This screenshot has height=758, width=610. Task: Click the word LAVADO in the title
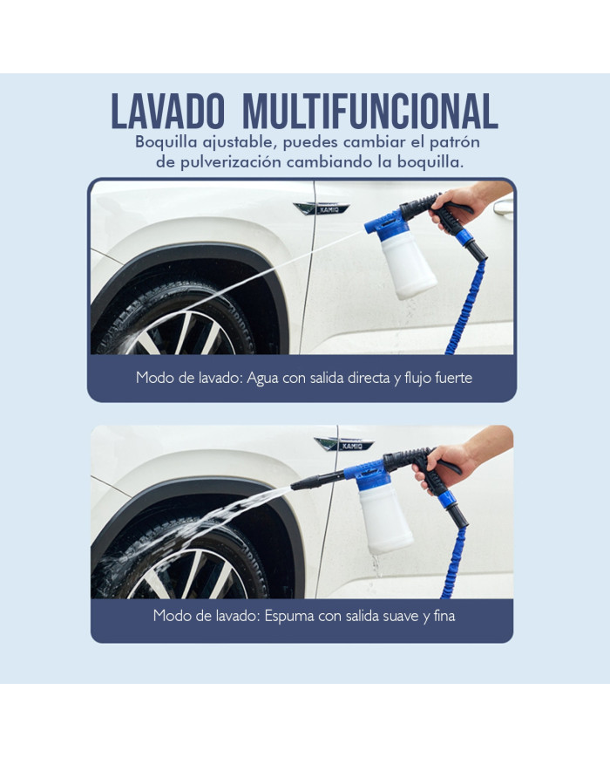[168, 111]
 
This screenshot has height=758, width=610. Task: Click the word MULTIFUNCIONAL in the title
[370, 111]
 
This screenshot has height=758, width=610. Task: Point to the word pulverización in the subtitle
[230, 162]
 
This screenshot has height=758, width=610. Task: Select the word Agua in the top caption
[263, 378]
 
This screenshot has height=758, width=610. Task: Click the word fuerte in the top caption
[453, 378]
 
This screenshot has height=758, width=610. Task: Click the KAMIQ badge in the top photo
[322, 208]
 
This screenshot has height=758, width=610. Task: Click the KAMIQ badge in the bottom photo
[344, 445]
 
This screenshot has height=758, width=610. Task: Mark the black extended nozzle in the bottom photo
[317, 481]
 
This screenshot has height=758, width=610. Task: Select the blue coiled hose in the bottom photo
[454, 561]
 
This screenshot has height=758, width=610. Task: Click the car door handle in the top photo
[503, 208]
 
